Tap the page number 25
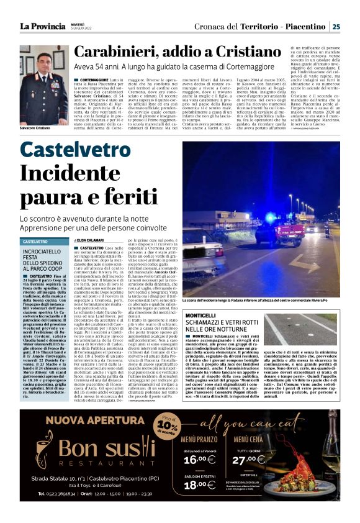click(x=336, y=26)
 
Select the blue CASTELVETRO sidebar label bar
click(x=45, y=241)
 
